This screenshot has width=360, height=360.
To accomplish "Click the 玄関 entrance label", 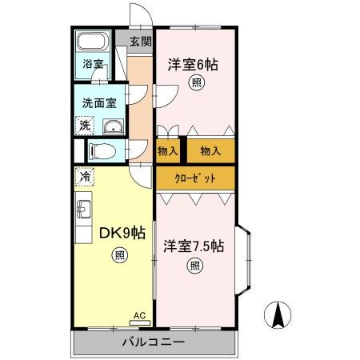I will point(141,42).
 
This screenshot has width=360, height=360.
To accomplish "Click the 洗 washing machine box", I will point(84,125).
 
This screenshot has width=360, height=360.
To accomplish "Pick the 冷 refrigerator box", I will point(83,174).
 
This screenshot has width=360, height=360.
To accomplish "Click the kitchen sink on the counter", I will point(84,210).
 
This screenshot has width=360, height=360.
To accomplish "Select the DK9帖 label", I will point(122,233).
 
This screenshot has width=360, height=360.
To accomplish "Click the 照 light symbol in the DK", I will point(118,255).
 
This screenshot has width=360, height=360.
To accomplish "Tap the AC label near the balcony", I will point(138,315).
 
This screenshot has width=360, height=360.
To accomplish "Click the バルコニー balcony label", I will point(154,342).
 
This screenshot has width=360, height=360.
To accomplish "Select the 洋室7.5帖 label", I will point(194,246).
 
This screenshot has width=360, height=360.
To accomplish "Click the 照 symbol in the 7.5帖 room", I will point(194,266).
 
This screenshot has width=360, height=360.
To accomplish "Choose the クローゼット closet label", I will point(196,178).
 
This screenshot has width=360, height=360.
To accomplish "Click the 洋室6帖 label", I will point(194,64).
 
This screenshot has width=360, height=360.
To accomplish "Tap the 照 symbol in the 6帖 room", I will point(194,83).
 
